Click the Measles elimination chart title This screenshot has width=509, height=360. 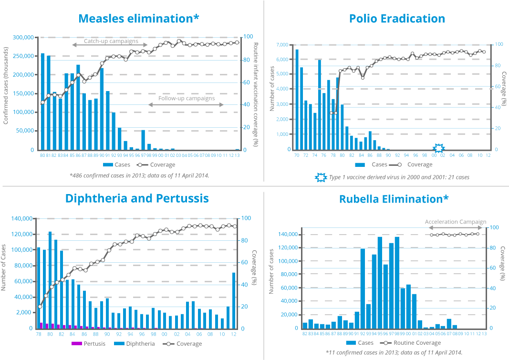point(139,19)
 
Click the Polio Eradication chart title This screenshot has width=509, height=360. point(397,19)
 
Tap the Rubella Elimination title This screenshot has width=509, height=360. point(394,199)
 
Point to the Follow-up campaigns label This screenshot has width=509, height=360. point(187,99)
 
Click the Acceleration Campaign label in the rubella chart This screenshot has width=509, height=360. point(456,222)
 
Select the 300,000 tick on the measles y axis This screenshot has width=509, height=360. point(23,37)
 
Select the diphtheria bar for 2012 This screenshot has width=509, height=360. point(234,300)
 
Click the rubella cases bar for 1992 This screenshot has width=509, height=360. point(363,288)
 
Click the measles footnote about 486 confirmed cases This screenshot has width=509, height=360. point(139,175)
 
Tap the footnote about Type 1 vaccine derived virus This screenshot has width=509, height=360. point(399,177)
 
